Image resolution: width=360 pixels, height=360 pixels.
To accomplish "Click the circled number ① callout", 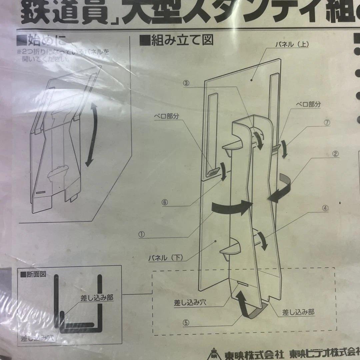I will (142, 234).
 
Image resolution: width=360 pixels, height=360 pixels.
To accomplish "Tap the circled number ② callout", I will (335, 154).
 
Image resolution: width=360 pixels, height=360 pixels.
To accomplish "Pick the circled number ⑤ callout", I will (186, 323).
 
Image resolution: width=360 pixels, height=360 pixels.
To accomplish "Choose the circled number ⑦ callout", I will (327, 123).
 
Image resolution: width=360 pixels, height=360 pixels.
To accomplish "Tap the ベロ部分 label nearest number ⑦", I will (308, 104).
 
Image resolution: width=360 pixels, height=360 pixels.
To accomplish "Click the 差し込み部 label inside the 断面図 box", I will (96, 298).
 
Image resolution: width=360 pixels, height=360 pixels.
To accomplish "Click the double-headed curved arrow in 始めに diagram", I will (92, 135).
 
